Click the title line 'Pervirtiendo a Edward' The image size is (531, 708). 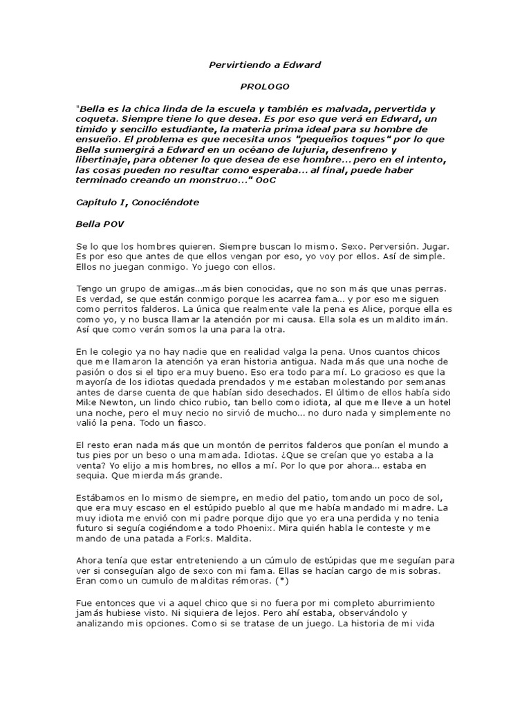pos(265,64)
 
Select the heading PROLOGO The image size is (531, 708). pos(265,88)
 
